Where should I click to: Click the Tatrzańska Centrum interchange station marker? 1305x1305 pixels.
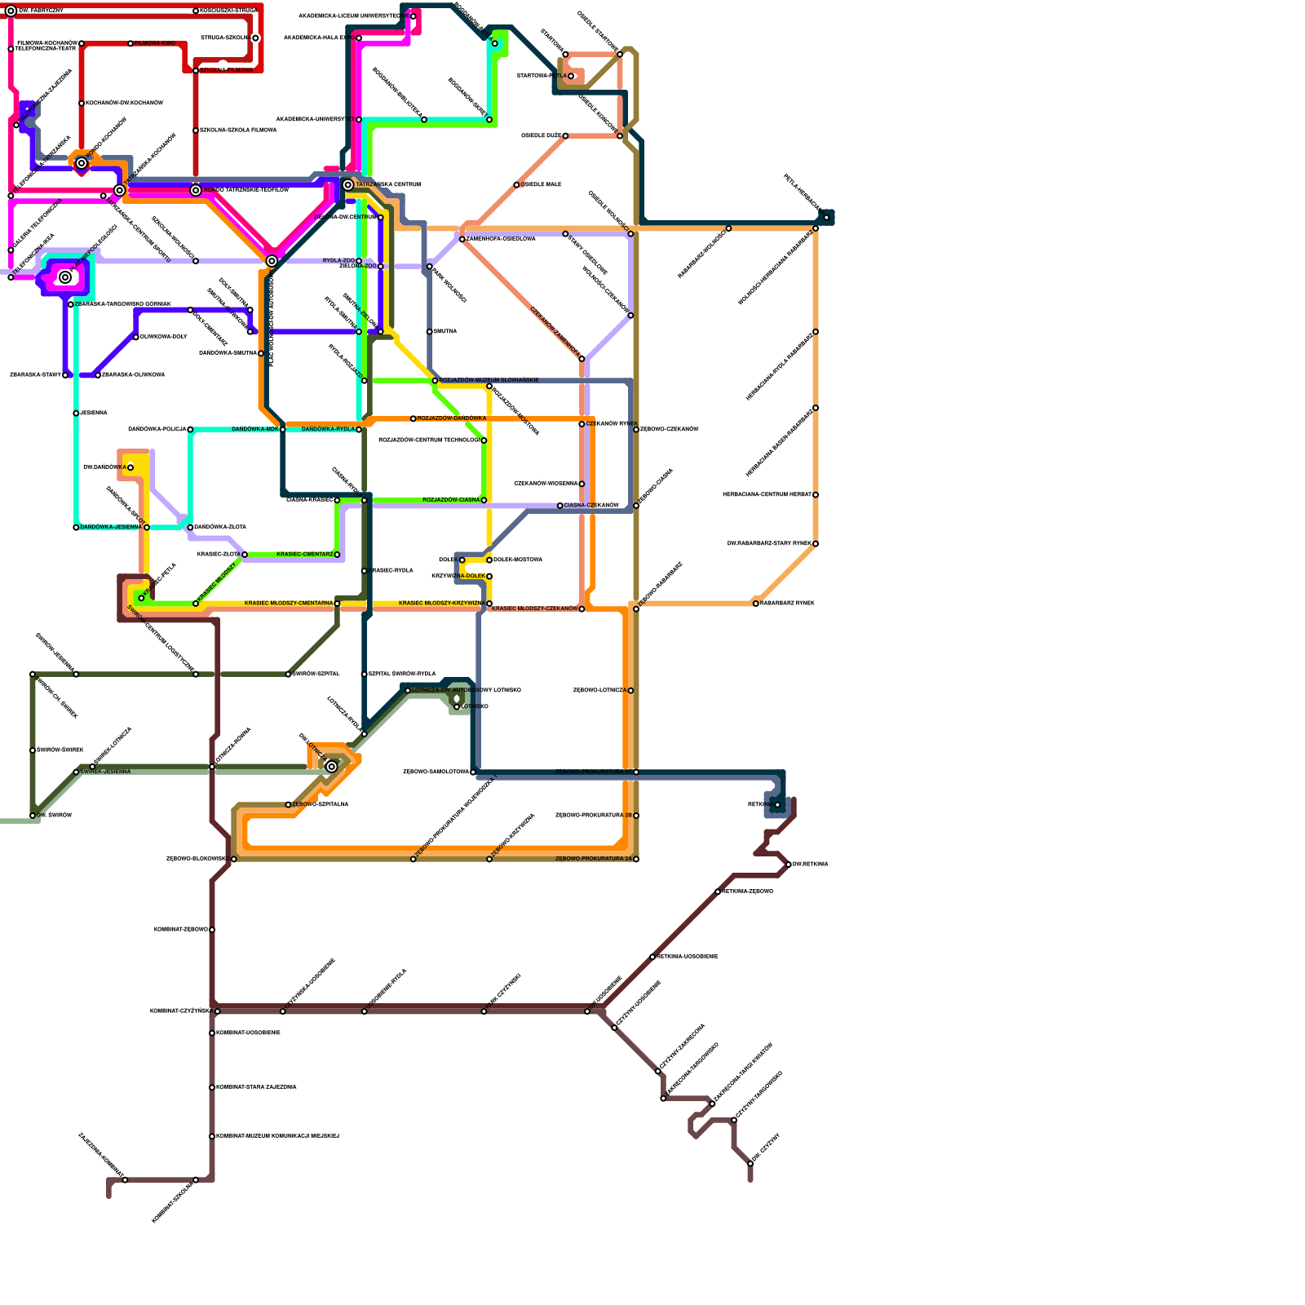[348, 185]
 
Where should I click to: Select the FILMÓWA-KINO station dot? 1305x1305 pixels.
[130, 43]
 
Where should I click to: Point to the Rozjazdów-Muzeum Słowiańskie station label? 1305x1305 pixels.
[489, 380]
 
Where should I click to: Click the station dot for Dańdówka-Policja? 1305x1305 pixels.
[190, 429]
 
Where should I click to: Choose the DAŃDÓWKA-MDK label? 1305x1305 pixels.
[255, 429]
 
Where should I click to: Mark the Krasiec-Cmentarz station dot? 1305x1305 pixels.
[337, 555]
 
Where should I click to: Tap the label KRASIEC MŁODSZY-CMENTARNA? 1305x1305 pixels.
[288, 604]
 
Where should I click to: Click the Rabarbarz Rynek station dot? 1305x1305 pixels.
[756, 604]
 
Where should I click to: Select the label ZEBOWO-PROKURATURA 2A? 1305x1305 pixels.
[593, 859]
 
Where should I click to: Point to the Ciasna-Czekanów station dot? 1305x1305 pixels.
[560, 506]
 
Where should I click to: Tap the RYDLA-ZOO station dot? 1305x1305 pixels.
[359, 261]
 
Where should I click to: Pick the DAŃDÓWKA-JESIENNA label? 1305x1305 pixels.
[111, 528]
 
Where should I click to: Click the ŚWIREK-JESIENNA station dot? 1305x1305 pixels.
[76, 772]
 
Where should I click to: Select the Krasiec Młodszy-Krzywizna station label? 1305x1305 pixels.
[441, 604]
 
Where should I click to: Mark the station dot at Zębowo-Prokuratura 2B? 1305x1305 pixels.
[636, 816]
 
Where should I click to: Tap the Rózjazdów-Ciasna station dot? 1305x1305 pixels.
[484, 500]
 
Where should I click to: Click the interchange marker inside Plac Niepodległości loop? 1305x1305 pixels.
[65, 277]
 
